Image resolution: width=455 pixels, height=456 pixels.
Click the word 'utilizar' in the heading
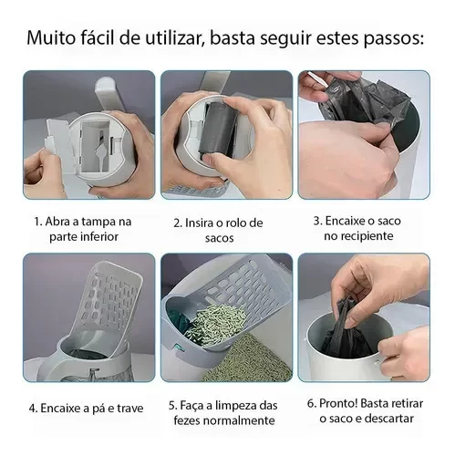174,38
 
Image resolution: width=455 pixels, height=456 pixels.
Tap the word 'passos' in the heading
394,39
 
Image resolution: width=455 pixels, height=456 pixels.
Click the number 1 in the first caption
37,222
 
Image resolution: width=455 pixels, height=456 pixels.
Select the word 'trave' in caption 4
130,408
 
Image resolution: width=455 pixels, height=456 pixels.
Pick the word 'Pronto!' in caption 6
338,404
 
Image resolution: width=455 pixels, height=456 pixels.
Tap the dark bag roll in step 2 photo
216,130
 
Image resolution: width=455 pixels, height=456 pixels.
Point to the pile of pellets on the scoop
216,326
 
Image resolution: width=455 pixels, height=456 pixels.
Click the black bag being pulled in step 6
346,330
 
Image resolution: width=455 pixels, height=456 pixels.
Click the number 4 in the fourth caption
33,409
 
